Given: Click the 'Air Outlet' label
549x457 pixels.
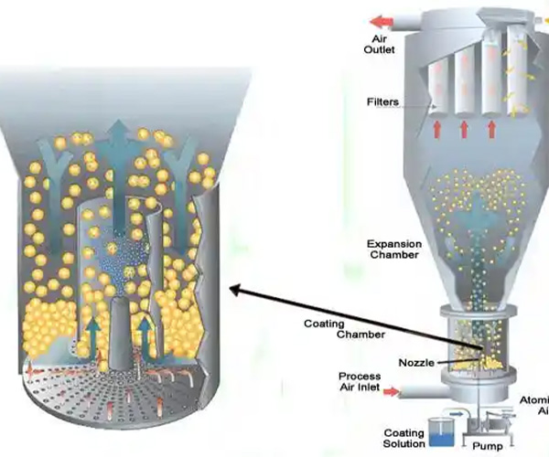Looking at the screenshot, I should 382,44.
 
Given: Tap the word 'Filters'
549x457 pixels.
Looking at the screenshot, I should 382,102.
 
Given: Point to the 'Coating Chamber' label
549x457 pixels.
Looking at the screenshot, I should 334,329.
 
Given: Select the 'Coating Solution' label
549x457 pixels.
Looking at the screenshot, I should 404,438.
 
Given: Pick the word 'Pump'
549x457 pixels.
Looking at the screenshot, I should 488,447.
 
